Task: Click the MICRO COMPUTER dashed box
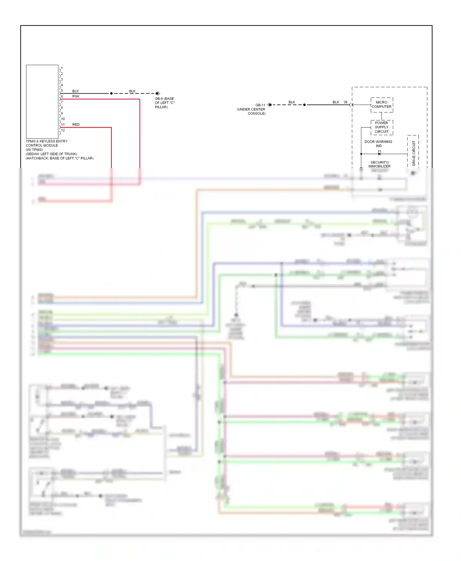click(381, 105)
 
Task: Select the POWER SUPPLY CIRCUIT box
click(381, 127)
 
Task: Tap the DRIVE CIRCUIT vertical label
click(413, 153)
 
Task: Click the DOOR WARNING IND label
click(378, 144)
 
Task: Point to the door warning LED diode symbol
click(379, 153)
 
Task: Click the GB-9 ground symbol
click(158, 93)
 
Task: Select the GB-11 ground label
click(260, 105)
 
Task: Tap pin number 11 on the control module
click(63, 125)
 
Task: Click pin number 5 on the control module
click(62, 91)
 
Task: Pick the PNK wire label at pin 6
click(76, 96)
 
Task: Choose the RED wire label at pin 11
click(76, 125)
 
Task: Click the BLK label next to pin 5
click(76, 91)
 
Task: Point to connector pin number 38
click(345, 102)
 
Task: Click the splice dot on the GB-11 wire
click(304, 105)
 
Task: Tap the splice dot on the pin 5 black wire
click(111, 93)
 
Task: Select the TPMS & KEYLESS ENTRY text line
click(47, 141)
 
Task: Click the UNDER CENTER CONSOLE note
click(251, 111)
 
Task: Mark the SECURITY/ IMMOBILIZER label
click(380, 164)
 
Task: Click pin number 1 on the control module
click(62, 68)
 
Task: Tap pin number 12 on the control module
click(63, 130)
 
